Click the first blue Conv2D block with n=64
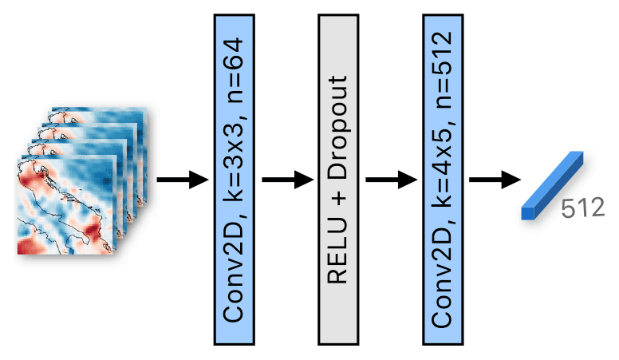[x=237, y=180]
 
